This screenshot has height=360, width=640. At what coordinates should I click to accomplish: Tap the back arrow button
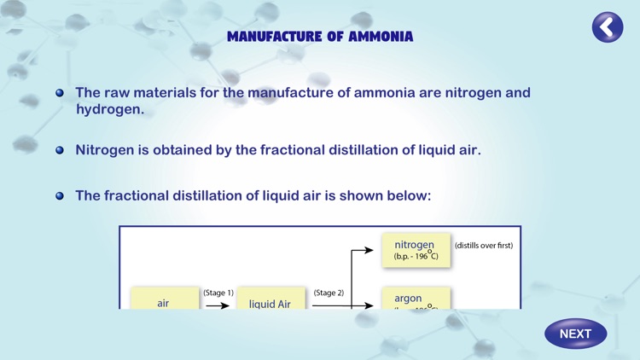coord(608,27)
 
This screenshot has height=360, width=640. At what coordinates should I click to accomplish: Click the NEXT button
coord(576,334)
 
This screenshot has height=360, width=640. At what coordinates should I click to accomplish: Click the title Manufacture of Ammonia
coord(320,37)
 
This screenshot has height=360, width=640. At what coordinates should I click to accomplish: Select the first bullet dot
coord(60,93)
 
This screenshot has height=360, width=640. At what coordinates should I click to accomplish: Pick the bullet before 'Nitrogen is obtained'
coord(60,150)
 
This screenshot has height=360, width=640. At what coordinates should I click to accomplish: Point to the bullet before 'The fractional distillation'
coord(60,195)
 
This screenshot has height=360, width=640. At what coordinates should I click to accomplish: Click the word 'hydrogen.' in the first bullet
coord(109,109)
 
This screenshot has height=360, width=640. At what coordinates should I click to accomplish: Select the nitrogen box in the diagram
coord(416,250)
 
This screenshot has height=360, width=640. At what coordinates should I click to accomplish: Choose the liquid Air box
coord(270,301)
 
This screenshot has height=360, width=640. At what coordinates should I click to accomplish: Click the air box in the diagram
coord(163,301)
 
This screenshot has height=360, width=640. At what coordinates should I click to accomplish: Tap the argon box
coord(416,299)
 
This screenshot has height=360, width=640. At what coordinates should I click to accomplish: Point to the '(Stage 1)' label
coord(218,293)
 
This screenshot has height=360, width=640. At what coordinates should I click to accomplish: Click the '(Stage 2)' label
coord(329,293)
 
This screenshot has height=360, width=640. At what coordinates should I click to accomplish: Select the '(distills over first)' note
coord(484,246)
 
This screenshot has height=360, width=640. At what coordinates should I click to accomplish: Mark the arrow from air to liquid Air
coord(218,305)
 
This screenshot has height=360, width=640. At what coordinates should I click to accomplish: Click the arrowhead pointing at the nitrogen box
coord(369,251)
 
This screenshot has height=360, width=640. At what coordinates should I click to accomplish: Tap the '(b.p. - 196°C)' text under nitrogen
coord(416,256)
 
